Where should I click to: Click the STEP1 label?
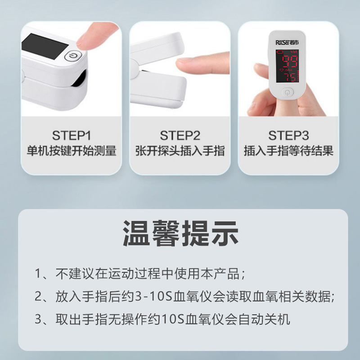72,135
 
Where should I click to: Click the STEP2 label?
180,135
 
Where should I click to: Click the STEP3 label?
288,135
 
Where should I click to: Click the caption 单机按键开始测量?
72,151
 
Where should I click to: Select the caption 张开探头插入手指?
180,151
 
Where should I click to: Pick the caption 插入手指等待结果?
288,151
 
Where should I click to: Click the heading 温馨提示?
180,233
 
